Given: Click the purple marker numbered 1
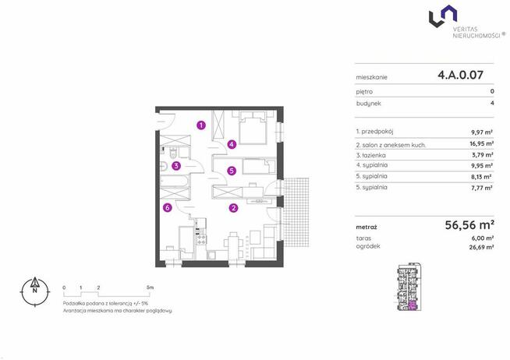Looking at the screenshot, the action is pos(201,125).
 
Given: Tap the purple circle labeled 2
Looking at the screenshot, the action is pos(233,208).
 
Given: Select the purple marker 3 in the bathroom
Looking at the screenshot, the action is pos(176,166).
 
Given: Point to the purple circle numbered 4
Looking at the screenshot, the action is pos(232,144).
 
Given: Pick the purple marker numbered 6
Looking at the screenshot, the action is pos(167,207).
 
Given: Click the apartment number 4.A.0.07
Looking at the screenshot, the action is pos(460,75).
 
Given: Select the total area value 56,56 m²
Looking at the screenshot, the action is pos(469,225).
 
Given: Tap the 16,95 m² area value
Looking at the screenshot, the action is pos(483,143).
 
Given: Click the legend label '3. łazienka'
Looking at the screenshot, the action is pos(370,155).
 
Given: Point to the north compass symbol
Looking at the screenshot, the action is pos(35,291).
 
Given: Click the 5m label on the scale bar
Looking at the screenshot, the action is pos(150,288).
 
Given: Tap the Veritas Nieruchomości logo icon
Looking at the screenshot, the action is pos(443,16).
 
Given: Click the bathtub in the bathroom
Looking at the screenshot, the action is pos(174,182).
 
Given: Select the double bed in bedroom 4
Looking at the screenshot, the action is pos(253,127).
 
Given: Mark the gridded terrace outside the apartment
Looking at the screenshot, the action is pos(296,212).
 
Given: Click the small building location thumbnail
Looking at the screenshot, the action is pos(409,287).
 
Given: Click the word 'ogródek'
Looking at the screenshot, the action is pos(368,246).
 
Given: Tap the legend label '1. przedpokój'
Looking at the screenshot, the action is pos(374,132).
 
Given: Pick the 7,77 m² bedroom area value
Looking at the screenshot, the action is pos(482,188).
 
